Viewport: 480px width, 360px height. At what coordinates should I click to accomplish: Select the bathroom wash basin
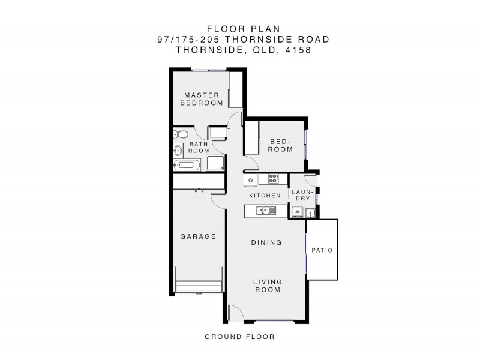[178, 149]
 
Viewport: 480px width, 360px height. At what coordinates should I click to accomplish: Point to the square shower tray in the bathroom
[214, 163]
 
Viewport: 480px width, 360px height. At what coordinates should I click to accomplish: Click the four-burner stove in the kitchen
[273, 178]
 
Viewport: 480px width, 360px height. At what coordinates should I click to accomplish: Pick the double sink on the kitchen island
[265, 210]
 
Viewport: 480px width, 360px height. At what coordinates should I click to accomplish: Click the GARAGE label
[198, 236]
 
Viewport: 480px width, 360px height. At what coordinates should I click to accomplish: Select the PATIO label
[322, 250]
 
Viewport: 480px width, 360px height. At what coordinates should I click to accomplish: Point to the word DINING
[266, 243]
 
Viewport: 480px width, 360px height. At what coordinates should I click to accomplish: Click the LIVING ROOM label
[266, 286]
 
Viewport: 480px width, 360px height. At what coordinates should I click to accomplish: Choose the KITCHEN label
[265, 196]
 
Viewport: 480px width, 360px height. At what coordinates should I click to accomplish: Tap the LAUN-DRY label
[302, 194]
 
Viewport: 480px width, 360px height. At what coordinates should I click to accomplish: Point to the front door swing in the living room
[236, 313]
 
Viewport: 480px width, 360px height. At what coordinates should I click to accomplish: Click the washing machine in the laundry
[297, 212]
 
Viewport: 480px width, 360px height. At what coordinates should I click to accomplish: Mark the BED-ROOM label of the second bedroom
[280, 146]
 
